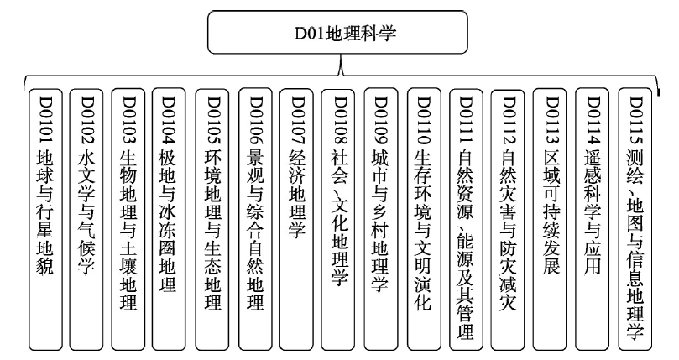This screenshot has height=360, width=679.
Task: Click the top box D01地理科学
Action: [337, 33]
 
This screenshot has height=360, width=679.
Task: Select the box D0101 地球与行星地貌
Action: [45, 219]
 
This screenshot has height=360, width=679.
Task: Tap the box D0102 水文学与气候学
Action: [86, 219]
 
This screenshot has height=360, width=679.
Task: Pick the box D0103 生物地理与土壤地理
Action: [128, 219]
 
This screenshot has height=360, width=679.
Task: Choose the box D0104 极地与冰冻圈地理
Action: [169, 219]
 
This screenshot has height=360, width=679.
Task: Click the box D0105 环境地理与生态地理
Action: [212, 219]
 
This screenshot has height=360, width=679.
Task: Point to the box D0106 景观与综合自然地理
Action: [255, 219]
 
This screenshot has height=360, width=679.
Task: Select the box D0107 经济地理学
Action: [296, 219]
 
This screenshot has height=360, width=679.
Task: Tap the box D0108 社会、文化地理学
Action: [338, 219]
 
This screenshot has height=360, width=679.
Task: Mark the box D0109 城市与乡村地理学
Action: [381, 219]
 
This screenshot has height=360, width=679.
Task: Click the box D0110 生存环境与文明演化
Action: [424, 219]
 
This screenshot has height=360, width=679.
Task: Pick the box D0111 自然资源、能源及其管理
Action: [466, 219]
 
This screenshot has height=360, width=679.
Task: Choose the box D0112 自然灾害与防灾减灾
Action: [508, 219]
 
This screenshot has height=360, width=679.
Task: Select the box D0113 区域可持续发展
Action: [550, 219]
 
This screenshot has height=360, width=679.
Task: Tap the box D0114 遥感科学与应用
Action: [592, 219]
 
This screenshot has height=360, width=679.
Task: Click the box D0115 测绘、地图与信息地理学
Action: [635, 219]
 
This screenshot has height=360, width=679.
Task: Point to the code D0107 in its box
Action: [298, 120]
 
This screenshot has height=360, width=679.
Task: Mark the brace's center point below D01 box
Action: [342, 75]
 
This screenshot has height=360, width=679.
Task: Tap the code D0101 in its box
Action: [45, 120]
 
